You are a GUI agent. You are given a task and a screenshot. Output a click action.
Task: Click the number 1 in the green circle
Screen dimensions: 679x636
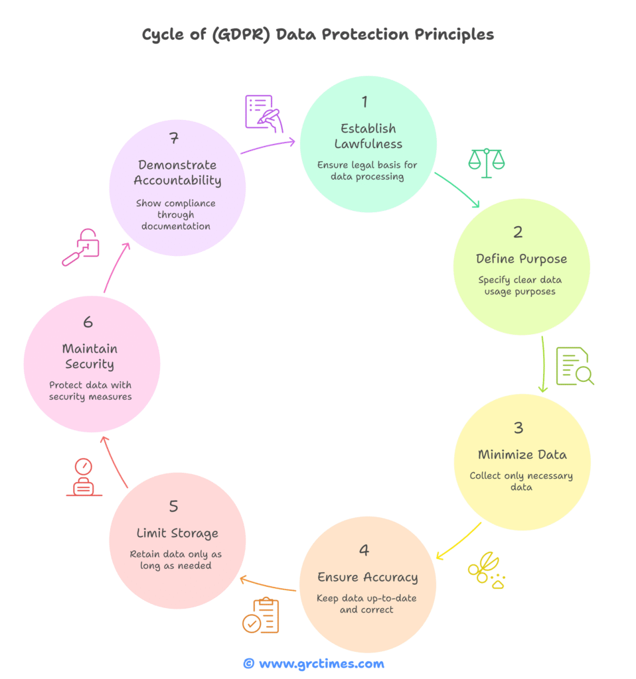coord(364,101)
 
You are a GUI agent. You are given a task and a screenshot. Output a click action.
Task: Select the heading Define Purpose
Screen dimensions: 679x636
coord(520,259)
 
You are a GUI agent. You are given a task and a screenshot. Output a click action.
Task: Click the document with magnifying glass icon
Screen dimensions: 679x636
coord(574,366)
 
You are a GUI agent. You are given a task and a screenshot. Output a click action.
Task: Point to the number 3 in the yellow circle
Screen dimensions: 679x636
coord(518,428)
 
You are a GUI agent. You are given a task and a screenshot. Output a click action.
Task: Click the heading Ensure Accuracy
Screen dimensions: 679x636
coord(367,577)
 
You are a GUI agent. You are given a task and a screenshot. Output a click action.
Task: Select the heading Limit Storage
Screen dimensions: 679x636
coord(177,533)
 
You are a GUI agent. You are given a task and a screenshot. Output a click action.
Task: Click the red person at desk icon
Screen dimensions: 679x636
coord(84,477)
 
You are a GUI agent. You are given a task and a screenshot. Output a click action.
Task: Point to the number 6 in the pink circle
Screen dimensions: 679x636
coord(88,322)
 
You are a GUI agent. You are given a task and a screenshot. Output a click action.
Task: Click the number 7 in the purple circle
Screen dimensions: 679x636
coord(174,139)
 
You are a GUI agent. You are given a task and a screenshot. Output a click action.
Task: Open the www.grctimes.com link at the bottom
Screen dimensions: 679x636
coord(321,663)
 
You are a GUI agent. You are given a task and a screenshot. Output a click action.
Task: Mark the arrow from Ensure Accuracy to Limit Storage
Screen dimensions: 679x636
coord(267,584)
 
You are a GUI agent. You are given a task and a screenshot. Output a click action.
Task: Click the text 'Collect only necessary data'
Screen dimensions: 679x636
coord(520,481)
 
